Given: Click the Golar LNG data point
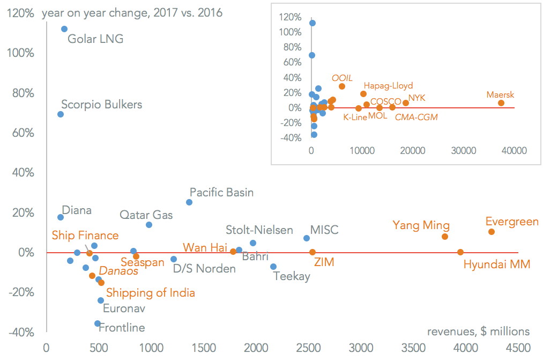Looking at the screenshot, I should [x=64, y=29].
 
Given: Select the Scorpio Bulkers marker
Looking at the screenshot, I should [x=61, y=114].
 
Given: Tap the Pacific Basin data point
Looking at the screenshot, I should [x=189, y=202].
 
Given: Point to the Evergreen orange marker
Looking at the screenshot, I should [x=492, y=232].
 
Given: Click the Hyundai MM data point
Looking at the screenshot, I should [x=460, y=252].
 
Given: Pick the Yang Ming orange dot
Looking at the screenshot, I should [x=445, y=237].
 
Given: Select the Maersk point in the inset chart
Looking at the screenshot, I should [x=501, y=103].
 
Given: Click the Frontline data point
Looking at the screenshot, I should [x=98, y=324].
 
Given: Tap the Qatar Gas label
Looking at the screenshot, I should [x=146, y=215].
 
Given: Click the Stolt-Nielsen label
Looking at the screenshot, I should [x=259, y=230].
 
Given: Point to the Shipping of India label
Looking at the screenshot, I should [x=151, y=293].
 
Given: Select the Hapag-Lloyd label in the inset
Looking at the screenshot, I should [x=388, y=86].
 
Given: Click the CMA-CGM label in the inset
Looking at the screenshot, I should [x=416, y=117].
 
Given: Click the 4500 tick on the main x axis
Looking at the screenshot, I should [x=518, y=348].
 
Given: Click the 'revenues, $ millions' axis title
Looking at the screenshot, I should [x=478, y=332].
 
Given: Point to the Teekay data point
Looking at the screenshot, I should [x=273, y=267].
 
